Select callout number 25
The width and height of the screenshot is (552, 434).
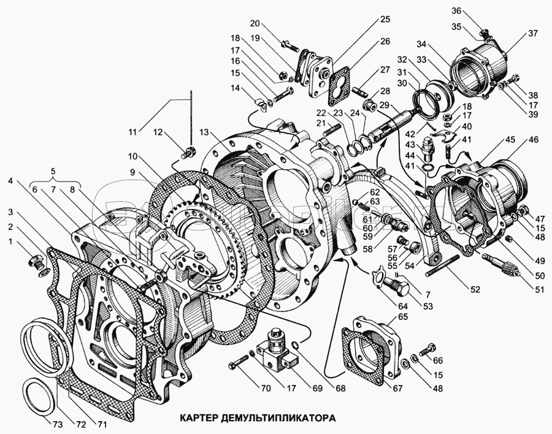385,19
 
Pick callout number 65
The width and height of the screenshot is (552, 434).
402,317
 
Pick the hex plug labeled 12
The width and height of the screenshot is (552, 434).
190,151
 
